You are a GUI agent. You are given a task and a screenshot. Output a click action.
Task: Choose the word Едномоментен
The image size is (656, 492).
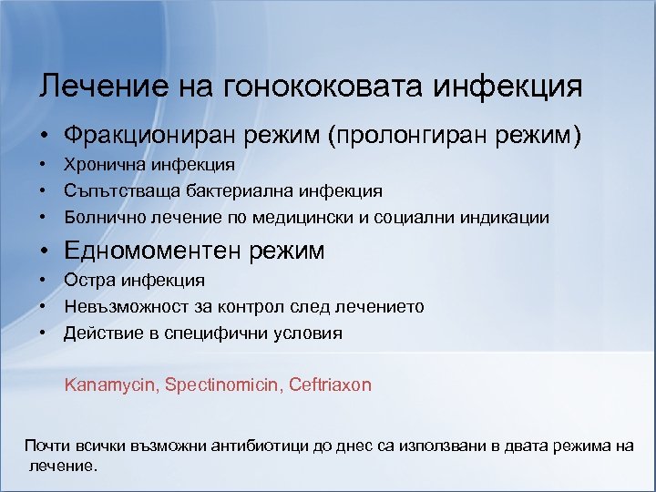[149, 250]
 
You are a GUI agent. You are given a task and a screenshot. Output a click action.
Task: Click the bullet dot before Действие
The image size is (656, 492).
[43, 333]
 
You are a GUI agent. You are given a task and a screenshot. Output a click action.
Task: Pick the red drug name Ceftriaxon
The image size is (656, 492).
[331, 384]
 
